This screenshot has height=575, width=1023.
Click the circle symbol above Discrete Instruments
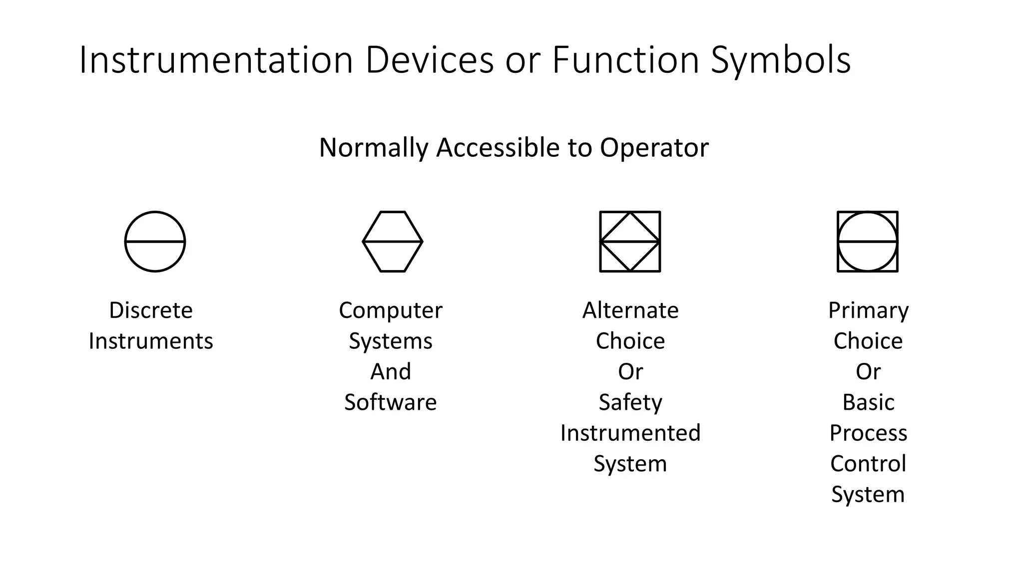coord(155,242)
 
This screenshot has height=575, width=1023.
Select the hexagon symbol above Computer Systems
coord(393,242)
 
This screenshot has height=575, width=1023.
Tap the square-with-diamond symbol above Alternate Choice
coord(630,242)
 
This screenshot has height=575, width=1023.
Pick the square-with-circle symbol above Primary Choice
coord(868,242)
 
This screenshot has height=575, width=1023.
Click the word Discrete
coord(151,310)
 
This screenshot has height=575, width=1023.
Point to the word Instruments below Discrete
coord(151,341)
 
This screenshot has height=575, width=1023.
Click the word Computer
coord(391,310)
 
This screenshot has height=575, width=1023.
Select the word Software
coord(391,402)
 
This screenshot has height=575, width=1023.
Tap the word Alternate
coord(630,310)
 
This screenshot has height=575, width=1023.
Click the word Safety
coord(630,402)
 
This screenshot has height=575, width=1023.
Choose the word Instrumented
coord(630,433)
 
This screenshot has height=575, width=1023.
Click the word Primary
coord(868,310)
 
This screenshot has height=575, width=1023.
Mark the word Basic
coord(868,402)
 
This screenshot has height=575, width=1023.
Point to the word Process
coord(868,433)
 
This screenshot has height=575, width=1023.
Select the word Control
coord(868,464)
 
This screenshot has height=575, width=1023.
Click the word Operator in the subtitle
coord(654,148)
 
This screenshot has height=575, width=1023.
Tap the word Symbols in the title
coord(780,60)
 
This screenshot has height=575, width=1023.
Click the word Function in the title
coord(625,60)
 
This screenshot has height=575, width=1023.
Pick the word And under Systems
coord(391,372)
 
